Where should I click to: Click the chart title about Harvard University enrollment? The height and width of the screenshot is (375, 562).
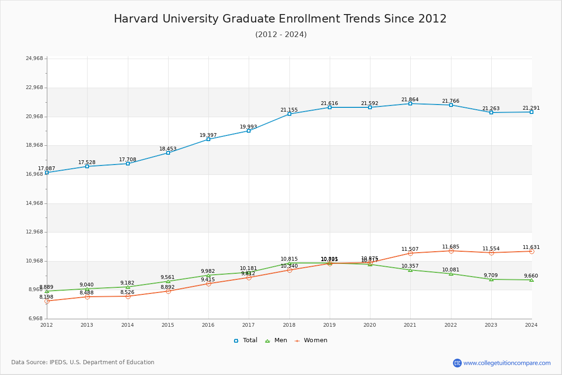point(280,19)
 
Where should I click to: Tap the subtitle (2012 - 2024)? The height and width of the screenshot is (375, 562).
point(281,35)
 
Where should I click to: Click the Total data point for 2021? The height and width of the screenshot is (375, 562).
point(410,104)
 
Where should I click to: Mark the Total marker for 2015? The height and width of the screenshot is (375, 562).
point(168,153)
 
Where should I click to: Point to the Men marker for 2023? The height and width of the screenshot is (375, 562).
point(491,279)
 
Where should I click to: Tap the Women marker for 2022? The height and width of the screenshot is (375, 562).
point(451,251)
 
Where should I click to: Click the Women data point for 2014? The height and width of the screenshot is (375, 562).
point(128,296)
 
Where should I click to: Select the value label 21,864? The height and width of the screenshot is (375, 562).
point(410,100)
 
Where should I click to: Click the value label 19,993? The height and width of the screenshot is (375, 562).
point(249,127)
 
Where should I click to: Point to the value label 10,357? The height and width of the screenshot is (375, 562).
point(410,266)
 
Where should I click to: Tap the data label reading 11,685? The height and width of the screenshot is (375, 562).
point(451,247)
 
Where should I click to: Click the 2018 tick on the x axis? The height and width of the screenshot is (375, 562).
point(289,325)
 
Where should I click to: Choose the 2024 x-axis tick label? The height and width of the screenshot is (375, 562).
point(531,325)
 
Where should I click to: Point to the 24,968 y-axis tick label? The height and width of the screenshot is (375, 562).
point(34,59)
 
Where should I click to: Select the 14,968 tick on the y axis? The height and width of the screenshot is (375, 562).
point(34,203)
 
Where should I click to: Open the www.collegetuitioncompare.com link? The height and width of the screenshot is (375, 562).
point(507,363)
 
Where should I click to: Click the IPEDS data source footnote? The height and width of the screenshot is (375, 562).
point(83,362)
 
